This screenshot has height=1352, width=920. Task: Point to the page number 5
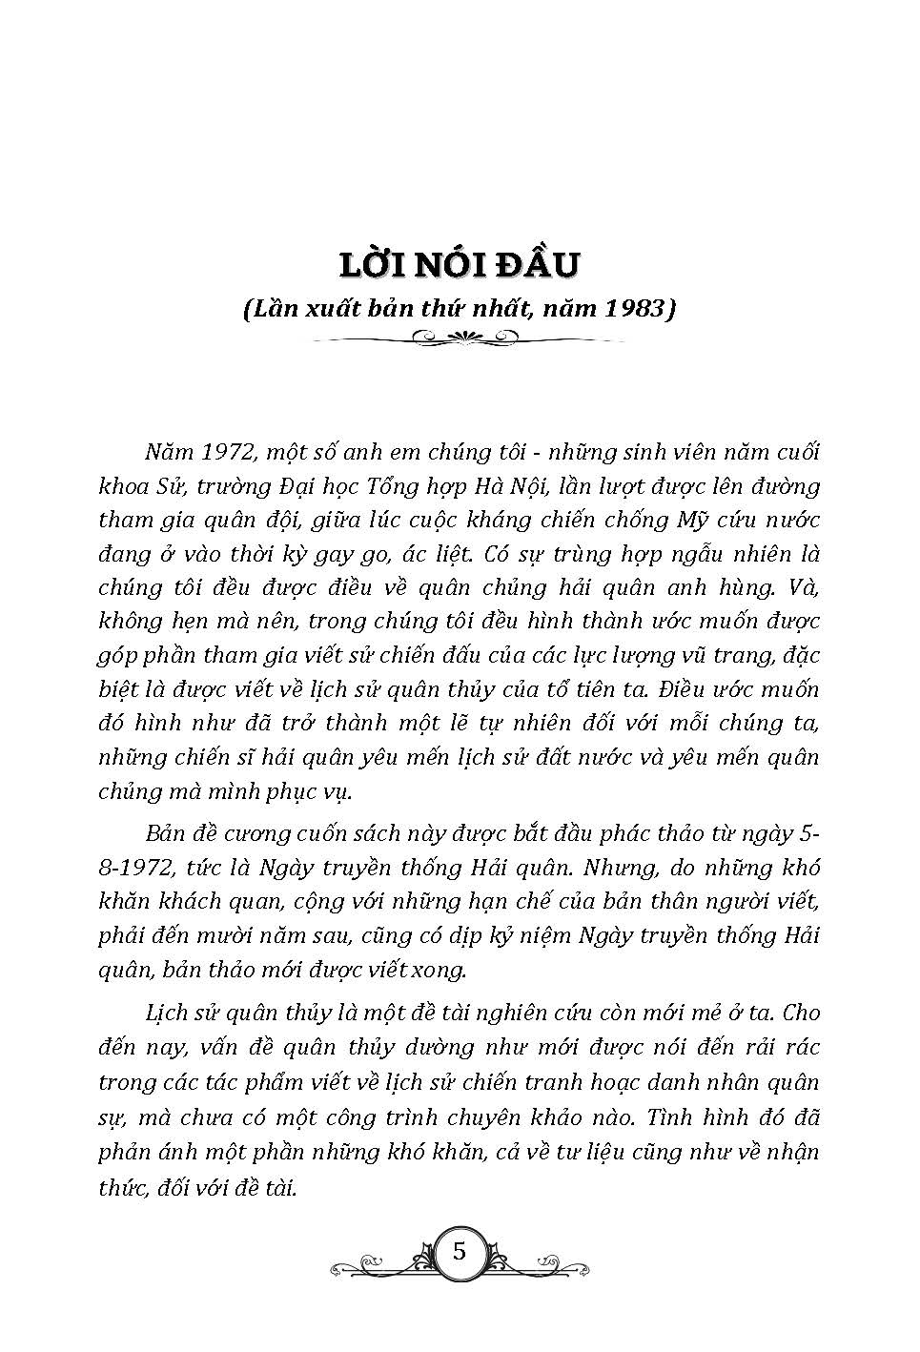click(460, 1251)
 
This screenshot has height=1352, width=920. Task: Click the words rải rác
click(773, 1048)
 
